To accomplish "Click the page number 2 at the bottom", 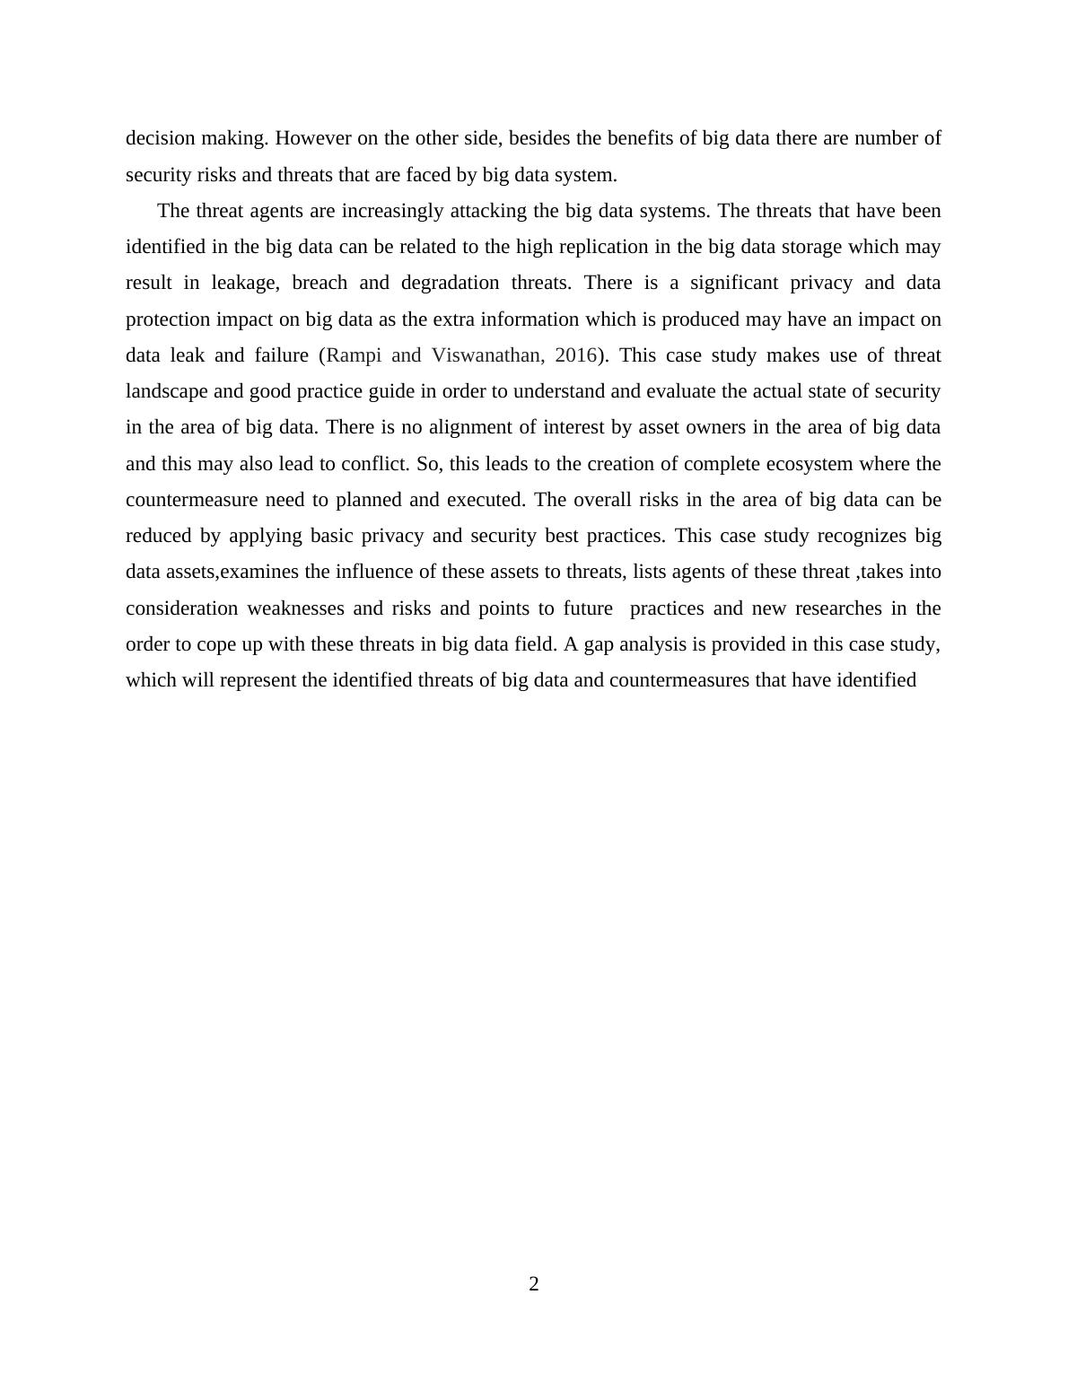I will [x=534, y=1284].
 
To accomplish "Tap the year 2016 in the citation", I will [x=575, y=355].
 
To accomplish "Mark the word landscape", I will [x=166, y=391].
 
